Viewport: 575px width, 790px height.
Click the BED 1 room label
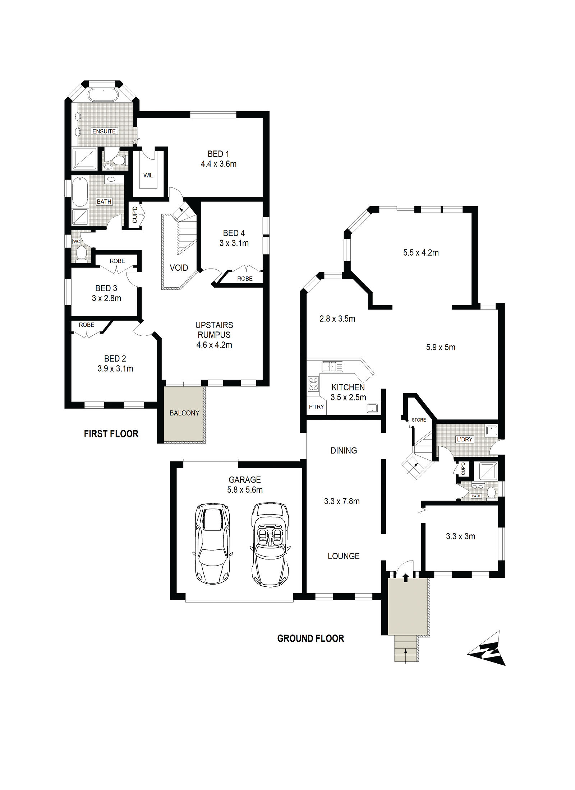click(218, 154)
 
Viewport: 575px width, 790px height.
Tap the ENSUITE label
click(104, 131)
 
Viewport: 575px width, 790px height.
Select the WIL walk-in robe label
click(148, 175)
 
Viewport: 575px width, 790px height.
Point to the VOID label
click(179, 268)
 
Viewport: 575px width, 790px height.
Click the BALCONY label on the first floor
click(184, 413)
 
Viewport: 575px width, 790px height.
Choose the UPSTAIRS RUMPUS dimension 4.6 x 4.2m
click(214, 345)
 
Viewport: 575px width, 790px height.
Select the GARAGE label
click(245, 480)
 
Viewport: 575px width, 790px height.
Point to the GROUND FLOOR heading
click(310, 638)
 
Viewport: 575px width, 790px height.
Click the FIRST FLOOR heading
click(111, 434)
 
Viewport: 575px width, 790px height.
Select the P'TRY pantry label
click(316, 407)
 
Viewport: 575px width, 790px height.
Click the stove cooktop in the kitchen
click(313, 384)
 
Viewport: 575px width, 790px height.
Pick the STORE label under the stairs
click(419, 420)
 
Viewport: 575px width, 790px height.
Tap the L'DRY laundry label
click(465, 439)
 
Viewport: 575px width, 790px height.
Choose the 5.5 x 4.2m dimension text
click(421, 253)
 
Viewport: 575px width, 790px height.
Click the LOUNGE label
click(344, 556)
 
